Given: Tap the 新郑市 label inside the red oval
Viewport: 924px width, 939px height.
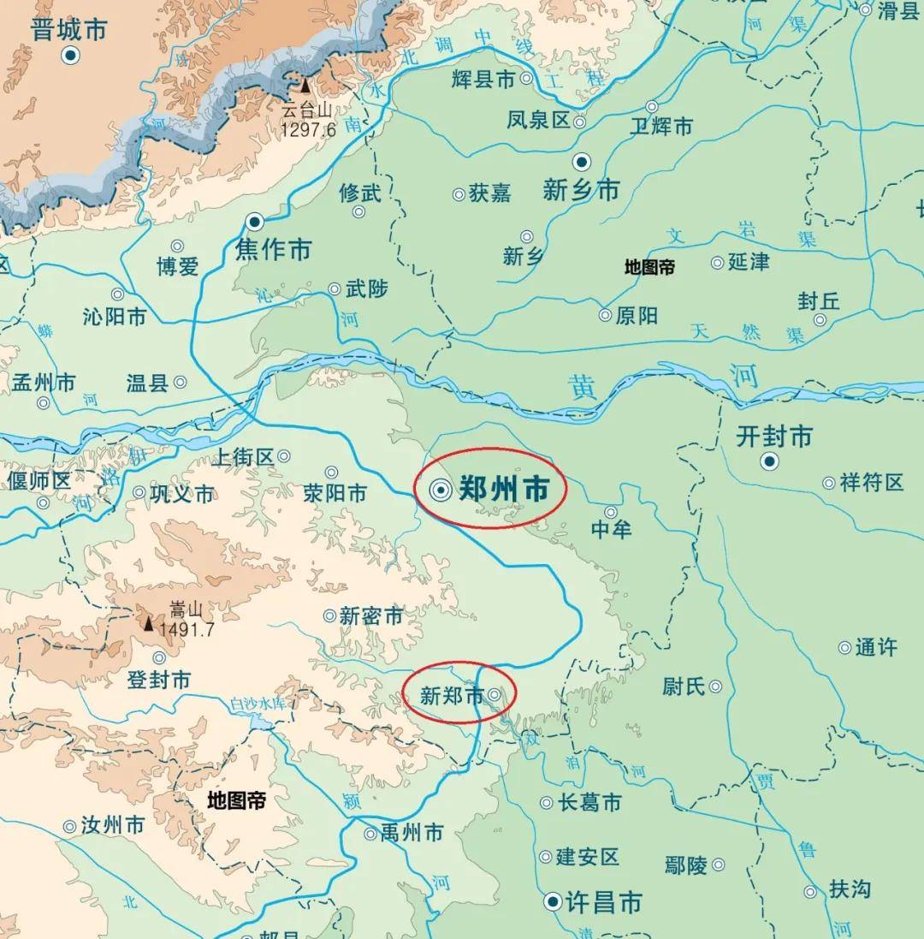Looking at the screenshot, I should pyautogui.click(x=451, y=696).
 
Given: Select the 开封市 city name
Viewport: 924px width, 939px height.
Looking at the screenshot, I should pyautogui.click(x=774, y=437).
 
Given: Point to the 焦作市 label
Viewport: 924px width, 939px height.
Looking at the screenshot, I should pyautogui.click(x=273, y=250).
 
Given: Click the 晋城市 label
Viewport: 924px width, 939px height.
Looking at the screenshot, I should pyautogui.click(x=68, y=30).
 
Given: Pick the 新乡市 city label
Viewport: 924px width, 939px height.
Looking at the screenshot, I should pyautogui.click(x=581, y=190).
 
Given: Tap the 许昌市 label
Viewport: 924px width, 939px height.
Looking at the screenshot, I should pyautogui.click(x=605, y=902).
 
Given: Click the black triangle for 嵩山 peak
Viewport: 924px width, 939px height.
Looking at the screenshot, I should pyautogui.click(x=149, y=623).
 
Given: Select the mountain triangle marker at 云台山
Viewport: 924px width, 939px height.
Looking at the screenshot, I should pyautogui.click(x=305, y=86).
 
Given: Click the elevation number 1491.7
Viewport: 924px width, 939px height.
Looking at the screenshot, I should pyautogui.click(x=186, y=629).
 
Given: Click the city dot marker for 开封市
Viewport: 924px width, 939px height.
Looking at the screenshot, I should pyautogui.click(x=770, y=461).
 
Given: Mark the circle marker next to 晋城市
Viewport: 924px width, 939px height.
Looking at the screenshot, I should pyautogui.click(x=71, y=56).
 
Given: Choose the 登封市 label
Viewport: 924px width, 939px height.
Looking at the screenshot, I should pyautogui.click(x=158, y=680).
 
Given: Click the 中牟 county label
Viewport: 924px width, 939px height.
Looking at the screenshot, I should pyautogui.click(x=611, y=530).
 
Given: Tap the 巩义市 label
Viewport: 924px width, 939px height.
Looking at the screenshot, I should pyautogui.click(x=181, y=494).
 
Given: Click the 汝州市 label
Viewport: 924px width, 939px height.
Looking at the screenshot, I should pyautogui.click(x=112, y=826).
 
